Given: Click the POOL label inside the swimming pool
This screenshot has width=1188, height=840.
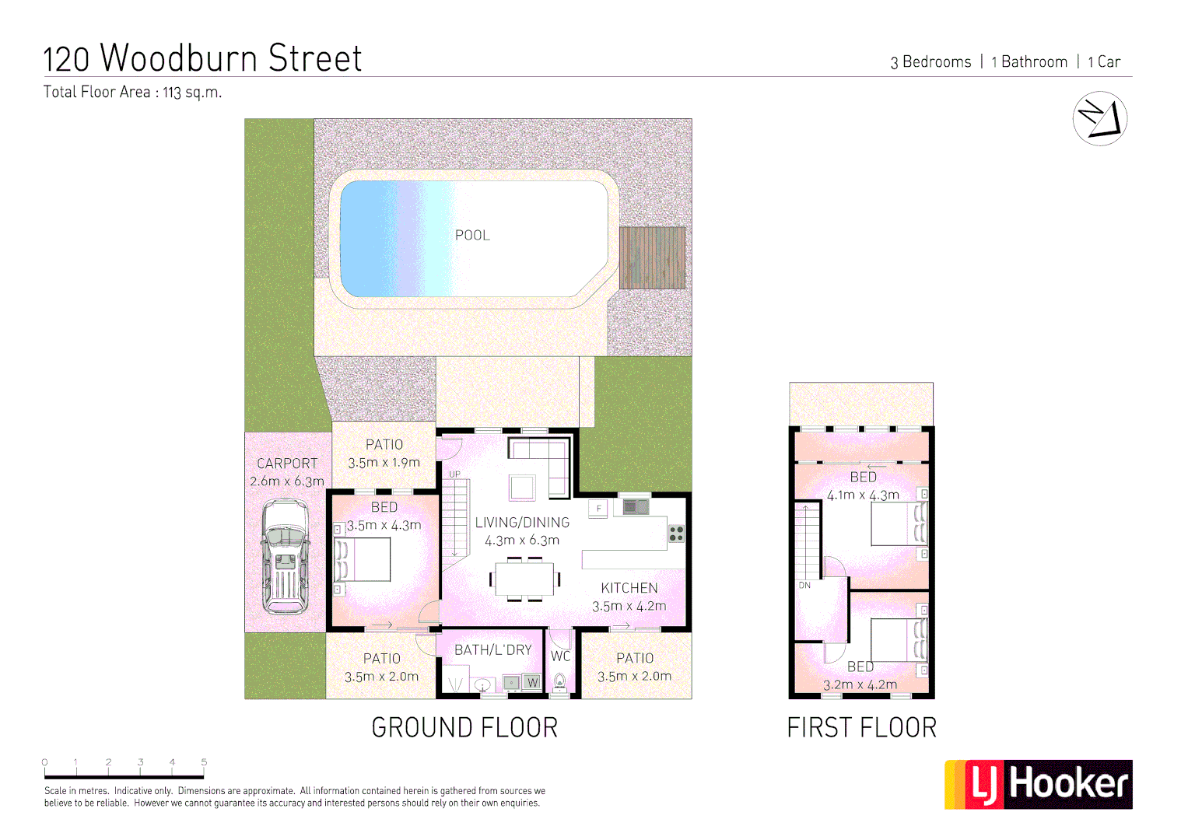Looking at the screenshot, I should [x=472, y=235].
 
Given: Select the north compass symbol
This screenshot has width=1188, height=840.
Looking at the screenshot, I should [x=1099, y=119].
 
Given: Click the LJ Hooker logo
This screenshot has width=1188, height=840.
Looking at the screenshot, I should [x=1039, y=784].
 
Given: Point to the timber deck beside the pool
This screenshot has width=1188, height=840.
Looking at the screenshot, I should [x=652, y=257].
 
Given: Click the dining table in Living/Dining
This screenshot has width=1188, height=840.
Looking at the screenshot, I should [x=524, y=579].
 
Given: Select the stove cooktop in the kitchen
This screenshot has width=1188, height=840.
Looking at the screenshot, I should [x=676, y=533].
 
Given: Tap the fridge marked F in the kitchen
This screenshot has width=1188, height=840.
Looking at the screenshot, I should [x=598, y=509].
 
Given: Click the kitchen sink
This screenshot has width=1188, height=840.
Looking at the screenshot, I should [x=635, y=507].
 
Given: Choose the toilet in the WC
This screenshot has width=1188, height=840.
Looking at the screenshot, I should [x=559, y=683].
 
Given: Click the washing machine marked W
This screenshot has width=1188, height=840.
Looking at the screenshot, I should [x=532, y=682].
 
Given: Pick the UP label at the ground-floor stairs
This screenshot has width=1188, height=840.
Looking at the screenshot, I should [x=454, y=474].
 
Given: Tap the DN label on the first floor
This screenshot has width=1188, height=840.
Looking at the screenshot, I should [x=804, y=585].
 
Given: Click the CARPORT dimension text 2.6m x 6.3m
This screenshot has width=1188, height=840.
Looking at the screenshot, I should [x=287, y=481].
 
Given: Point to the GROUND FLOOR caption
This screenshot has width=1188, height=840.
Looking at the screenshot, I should [x=464, y=728].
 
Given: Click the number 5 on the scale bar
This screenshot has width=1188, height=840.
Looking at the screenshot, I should [x=204, y=762].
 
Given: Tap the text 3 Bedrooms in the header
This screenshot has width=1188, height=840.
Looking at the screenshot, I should [x=930, y=62].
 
